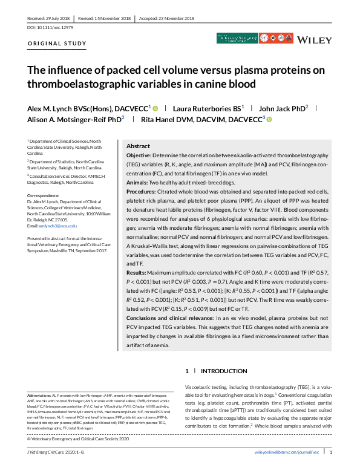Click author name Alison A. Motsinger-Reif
point(66,120)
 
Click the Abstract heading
point(138,146)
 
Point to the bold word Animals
point(139,182)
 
